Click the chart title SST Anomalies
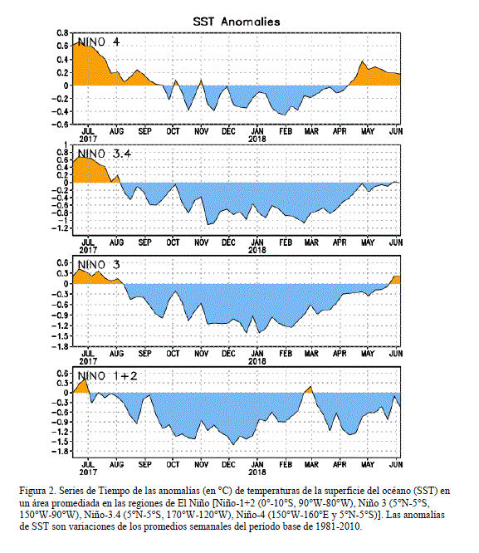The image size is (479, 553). pyautogui.click(x=237, y=22)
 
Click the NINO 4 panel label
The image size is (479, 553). pyautogui.click(x=99, y=42)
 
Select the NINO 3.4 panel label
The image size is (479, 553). pyautogui.click(x=105, y=154)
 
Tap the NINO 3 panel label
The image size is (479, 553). pyautogui.click(x=99, y=265)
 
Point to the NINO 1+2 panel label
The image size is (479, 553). pyautogui.click(x=107, y=375)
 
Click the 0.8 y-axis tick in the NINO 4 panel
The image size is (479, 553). pyautogui.click(x=62, y=33)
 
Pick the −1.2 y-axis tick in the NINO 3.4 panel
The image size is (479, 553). pyautogui.click(x=60, y=228)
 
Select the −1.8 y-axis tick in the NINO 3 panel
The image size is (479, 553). pyautogui.click(x=60, y=346)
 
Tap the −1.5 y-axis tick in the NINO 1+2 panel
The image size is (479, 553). pyautogui.click(x=60, y=442)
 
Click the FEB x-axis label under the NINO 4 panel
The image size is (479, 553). pyautogui.click(x=286, y=131)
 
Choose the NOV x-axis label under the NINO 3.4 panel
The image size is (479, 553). pyautogui.click(x=202, y=242)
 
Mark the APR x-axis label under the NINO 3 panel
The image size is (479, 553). pyautogui.click(x=340, y=354)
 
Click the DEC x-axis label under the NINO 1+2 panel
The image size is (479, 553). pyautogui.click(x=228, y=464)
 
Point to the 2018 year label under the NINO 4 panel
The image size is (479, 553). pyautogui.click(x=257, y=139)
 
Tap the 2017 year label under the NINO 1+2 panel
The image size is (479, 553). pyautogui.click(x=88, y=472)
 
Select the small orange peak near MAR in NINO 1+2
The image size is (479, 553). pyautogui.click(x=309, y=390)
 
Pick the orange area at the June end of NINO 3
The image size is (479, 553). pyautogui.click(x=396, y=280)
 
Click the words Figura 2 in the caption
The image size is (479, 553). pyautogui.click(x=35, y=491)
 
